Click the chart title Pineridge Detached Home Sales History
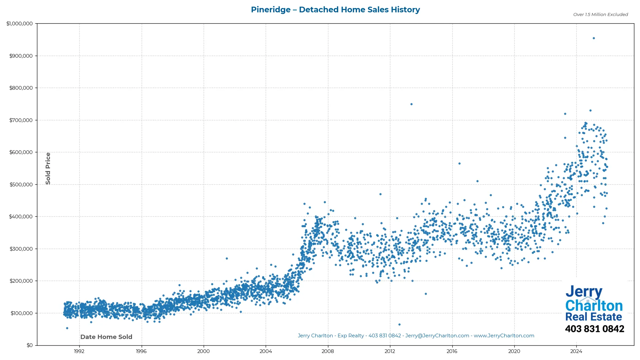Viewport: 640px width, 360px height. coord(335,10)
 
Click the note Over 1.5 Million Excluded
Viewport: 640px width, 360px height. coord(600,14)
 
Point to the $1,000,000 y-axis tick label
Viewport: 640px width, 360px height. coord(20,24)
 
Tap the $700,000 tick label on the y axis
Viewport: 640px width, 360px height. coord(21,120)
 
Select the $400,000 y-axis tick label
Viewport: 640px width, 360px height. coord(21,217)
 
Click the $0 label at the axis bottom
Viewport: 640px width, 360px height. coord(30,345)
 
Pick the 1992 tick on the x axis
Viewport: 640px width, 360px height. coord(79,351)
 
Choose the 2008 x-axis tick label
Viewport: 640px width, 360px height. coord(328,351)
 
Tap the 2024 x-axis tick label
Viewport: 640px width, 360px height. coord(576,351)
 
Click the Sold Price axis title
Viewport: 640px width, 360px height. coord(48,168)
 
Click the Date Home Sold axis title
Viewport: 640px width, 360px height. coord(106,337)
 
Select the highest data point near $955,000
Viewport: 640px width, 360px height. coord(594,38)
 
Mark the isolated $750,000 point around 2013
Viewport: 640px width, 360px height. coord(411,104)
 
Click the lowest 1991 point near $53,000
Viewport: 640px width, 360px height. coord(67,328)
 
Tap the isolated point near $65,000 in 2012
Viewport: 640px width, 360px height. coord(399,325)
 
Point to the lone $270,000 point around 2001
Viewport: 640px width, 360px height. coord(227,259)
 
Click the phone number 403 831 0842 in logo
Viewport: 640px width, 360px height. coord(594,329)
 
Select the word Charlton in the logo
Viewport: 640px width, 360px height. coord(594,306)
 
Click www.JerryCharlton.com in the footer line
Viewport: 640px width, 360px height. coord(504,336)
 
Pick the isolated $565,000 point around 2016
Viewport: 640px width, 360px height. coord(459,164)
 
